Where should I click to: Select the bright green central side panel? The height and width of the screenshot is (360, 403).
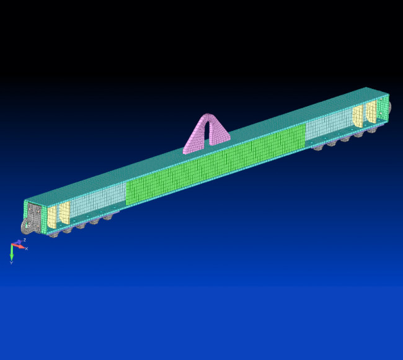(x=217, y=164)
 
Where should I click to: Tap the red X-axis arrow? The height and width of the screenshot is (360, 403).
(x=20, y=246)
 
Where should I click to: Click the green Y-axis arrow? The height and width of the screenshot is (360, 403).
(x=12, y=252)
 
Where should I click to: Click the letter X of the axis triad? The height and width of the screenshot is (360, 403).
(x=26, y=248)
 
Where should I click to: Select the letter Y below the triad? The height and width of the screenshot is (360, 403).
(x=11, y=263)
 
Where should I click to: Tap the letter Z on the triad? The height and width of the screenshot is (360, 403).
(x=24, y=240)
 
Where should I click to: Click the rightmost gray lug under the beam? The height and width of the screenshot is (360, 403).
(x=372, y=130)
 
